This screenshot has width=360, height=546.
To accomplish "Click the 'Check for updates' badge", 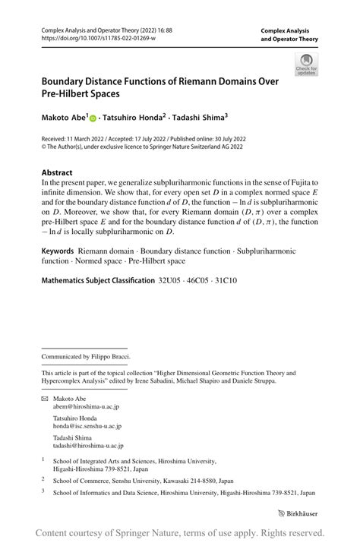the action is [307, 65].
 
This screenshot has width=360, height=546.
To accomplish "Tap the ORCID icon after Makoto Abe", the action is [93, 118].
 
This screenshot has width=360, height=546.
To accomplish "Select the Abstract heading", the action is [57, 172].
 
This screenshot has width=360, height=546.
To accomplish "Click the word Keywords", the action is [58, 251].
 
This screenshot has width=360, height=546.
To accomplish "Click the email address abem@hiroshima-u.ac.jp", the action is [86, 407].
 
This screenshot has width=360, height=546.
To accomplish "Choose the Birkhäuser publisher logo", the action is [297, 514].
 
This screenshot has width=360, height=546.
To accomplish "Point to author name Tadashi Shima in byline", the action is [197, 118].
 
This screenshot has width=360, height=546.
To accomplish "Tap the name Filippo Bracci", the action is [111, 356].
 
